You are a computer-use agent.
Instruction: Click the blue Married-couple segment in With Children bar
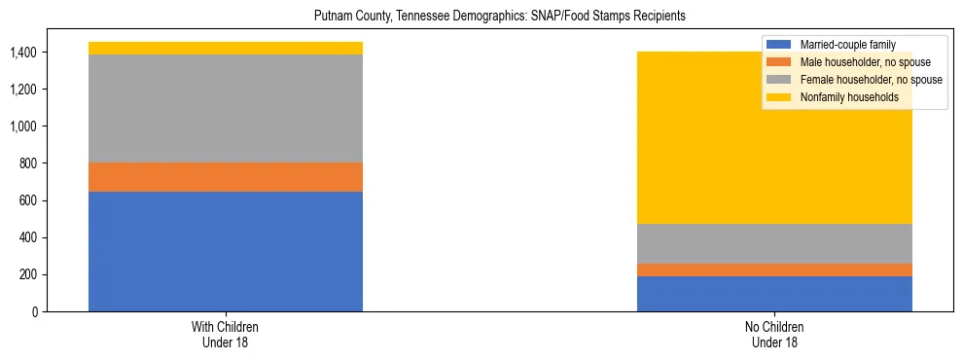(x=226, y=251)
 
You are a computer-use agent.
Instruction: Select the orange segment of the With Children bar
(x=226, y=177)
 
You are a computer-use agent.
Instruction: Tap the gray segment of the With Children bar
(x=226, y=108)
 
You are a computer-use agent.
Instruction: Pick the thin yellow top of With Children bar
(x=226, y=48)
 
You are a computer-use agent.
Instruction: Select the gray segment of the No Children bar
(x=774, y=243)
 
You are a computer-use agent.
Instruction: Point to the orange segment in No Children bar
(x=774, y=270)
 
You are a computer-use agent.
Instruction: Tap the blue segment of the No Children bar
(x=774, y=294)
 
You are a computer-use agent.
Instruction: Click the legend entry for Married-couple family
(x=845, y=44)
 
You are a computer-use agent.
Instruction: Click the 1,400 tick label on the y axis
(x=23, y=53)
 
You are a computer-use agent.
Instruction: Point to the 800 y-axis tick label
(x=29, y=163)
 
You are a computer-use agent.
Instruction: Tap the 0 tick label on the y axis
(x=37, y=312)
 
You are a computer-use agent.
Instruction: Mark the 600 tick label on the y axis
(x=29, y=200)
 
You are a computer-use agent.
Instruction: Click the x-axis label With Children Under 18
(x=226, y=335)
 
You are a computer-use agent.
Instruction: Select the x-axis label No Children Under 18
(x=774, y=335)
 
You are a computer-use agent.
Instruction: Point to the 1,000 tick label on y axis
(x=23, y=126)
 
